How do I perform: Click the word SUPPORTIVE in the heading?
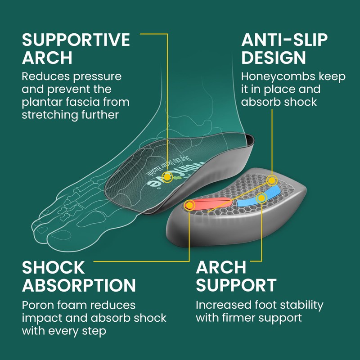coord(76,40)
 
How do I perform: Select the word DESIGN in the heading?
coord(274,58)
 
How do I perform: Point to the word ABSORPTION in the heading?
coord(79,286)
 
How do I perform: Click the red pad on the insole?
coord(211,204)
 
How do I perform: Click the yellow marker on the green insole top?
coord(167,177)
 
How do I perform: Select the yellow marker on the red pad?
coord(190,206)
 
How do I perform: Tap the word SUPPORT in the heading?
coord(236,286)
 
